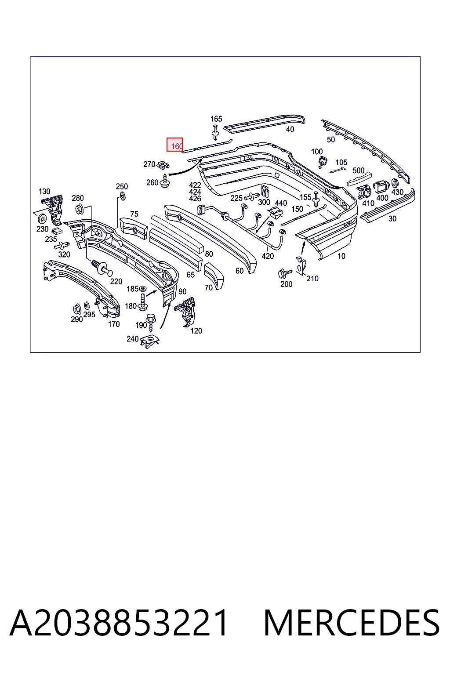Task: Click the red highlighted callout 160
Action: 175,145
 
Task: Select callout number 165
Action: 216,119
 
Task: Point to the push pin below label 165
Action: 215,132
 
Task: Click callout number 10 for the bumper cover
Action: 341,256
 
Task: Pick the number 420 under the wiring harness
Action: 268,256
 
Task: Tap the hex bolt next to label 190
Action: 151,322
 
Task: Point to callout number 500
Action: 358,171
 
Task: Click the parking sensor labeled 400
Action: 381,188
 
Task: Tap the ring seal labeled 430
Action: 395,183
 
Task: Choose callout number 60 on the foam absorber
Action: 240,271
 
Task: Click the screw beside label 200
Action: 285,273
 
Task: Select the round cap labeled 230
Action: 43,218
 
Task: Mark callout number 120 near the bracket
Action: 196,331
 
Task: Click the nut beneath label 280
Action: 80,209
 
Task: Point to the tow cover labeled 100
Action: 322,162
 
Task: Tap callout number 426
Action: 195,199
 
